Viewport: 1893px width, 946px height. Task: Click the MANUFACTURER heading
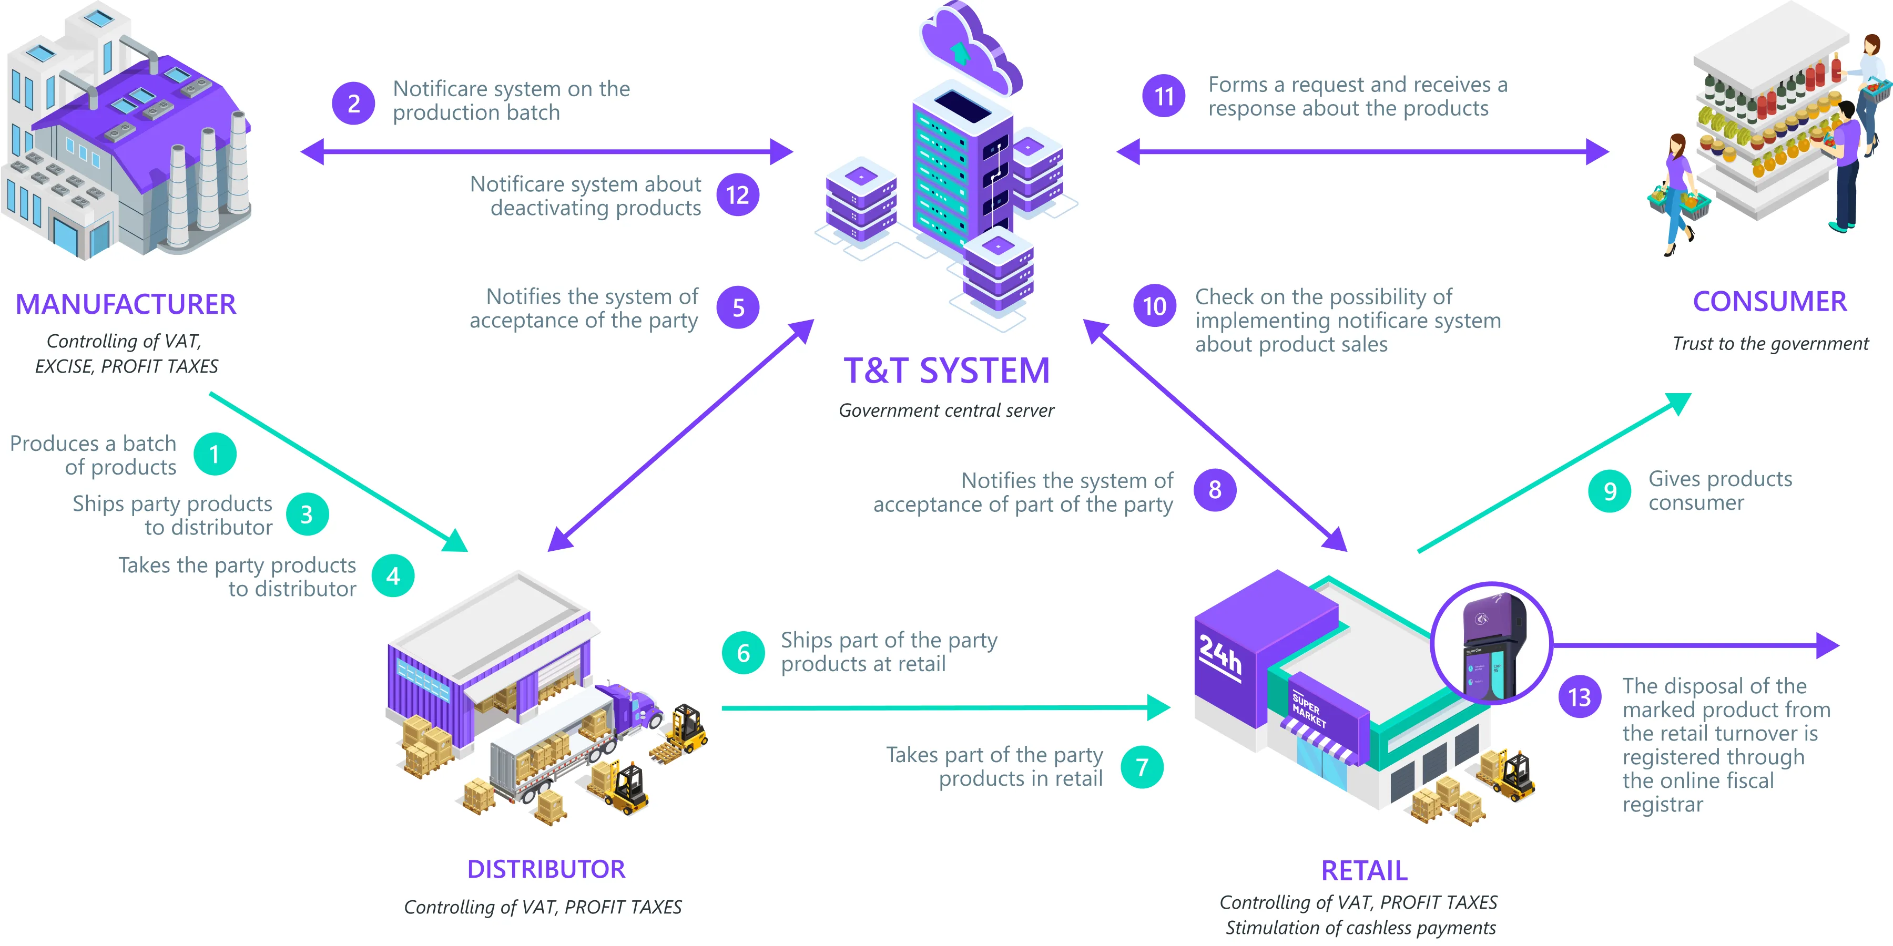[x=126, y=304]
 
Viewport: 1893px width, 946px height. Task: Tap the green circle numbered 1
[x=215, y=454]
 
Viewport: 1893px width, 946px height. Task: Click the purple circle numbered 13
[x=1579, y=696]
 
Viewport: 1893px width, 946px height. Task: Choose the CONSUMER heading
[x=1769, y=301]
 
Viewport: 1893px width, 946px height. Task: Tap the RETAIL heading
[x=1364, y=870]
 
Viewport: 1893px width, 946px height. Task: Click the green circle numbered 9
[x=1610, y=491]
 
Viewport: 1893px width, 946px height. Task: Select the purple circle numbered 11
[x=1163, y=96]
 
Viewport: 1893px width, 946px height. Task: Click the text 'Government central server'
[x=947, y=410]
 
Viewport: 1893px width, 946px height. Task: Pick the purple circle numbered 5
[x=738, y=308]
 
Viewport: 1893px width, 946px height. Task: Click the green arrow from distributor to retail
[x=941, y=708]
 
